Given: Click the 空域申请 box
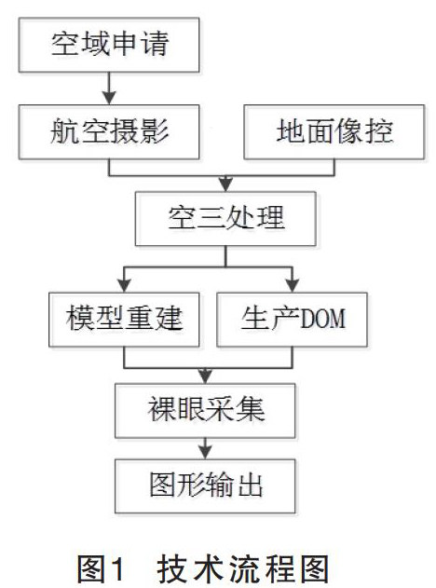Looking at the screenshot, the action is point(109,45).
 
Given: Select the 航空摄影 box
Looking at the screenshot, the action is point(109,132).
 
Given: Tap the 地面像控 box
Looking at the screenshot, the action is point(334,132).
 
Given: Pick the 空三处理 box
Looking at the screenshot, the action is point(225,219).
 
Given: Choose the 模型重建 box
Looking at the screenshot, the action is point(124,320).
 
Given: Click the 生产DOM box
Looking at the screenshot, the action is point(292,320).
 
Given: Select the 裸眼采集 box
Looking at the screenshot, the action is point(205,411).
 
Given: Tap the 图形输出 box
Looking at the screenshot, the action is point(205,486).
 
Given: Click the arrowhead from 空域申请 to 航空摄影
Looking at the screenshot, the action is point(109,98).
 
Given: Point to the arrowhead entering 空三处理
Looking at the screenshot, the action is point(225,185).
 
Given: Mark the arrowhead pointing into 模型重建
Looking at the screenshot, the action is point(124,285).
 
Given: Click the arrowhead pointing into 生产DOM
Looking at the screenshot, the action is point(293,285).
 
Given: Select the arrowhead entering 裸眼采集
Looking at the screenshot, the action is point(205,376).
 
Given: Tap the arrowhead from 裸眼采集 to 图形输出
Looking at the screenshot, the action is point(205,452).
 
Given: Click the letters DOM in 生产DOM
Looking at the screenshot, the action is point(323,320).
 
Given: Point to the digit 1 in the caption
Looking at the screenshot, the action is point(117,569).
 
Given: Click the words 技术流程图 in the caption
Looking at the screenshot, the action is point(243,569).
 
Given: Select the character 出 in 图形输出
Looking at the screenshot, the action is point(250,485).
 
